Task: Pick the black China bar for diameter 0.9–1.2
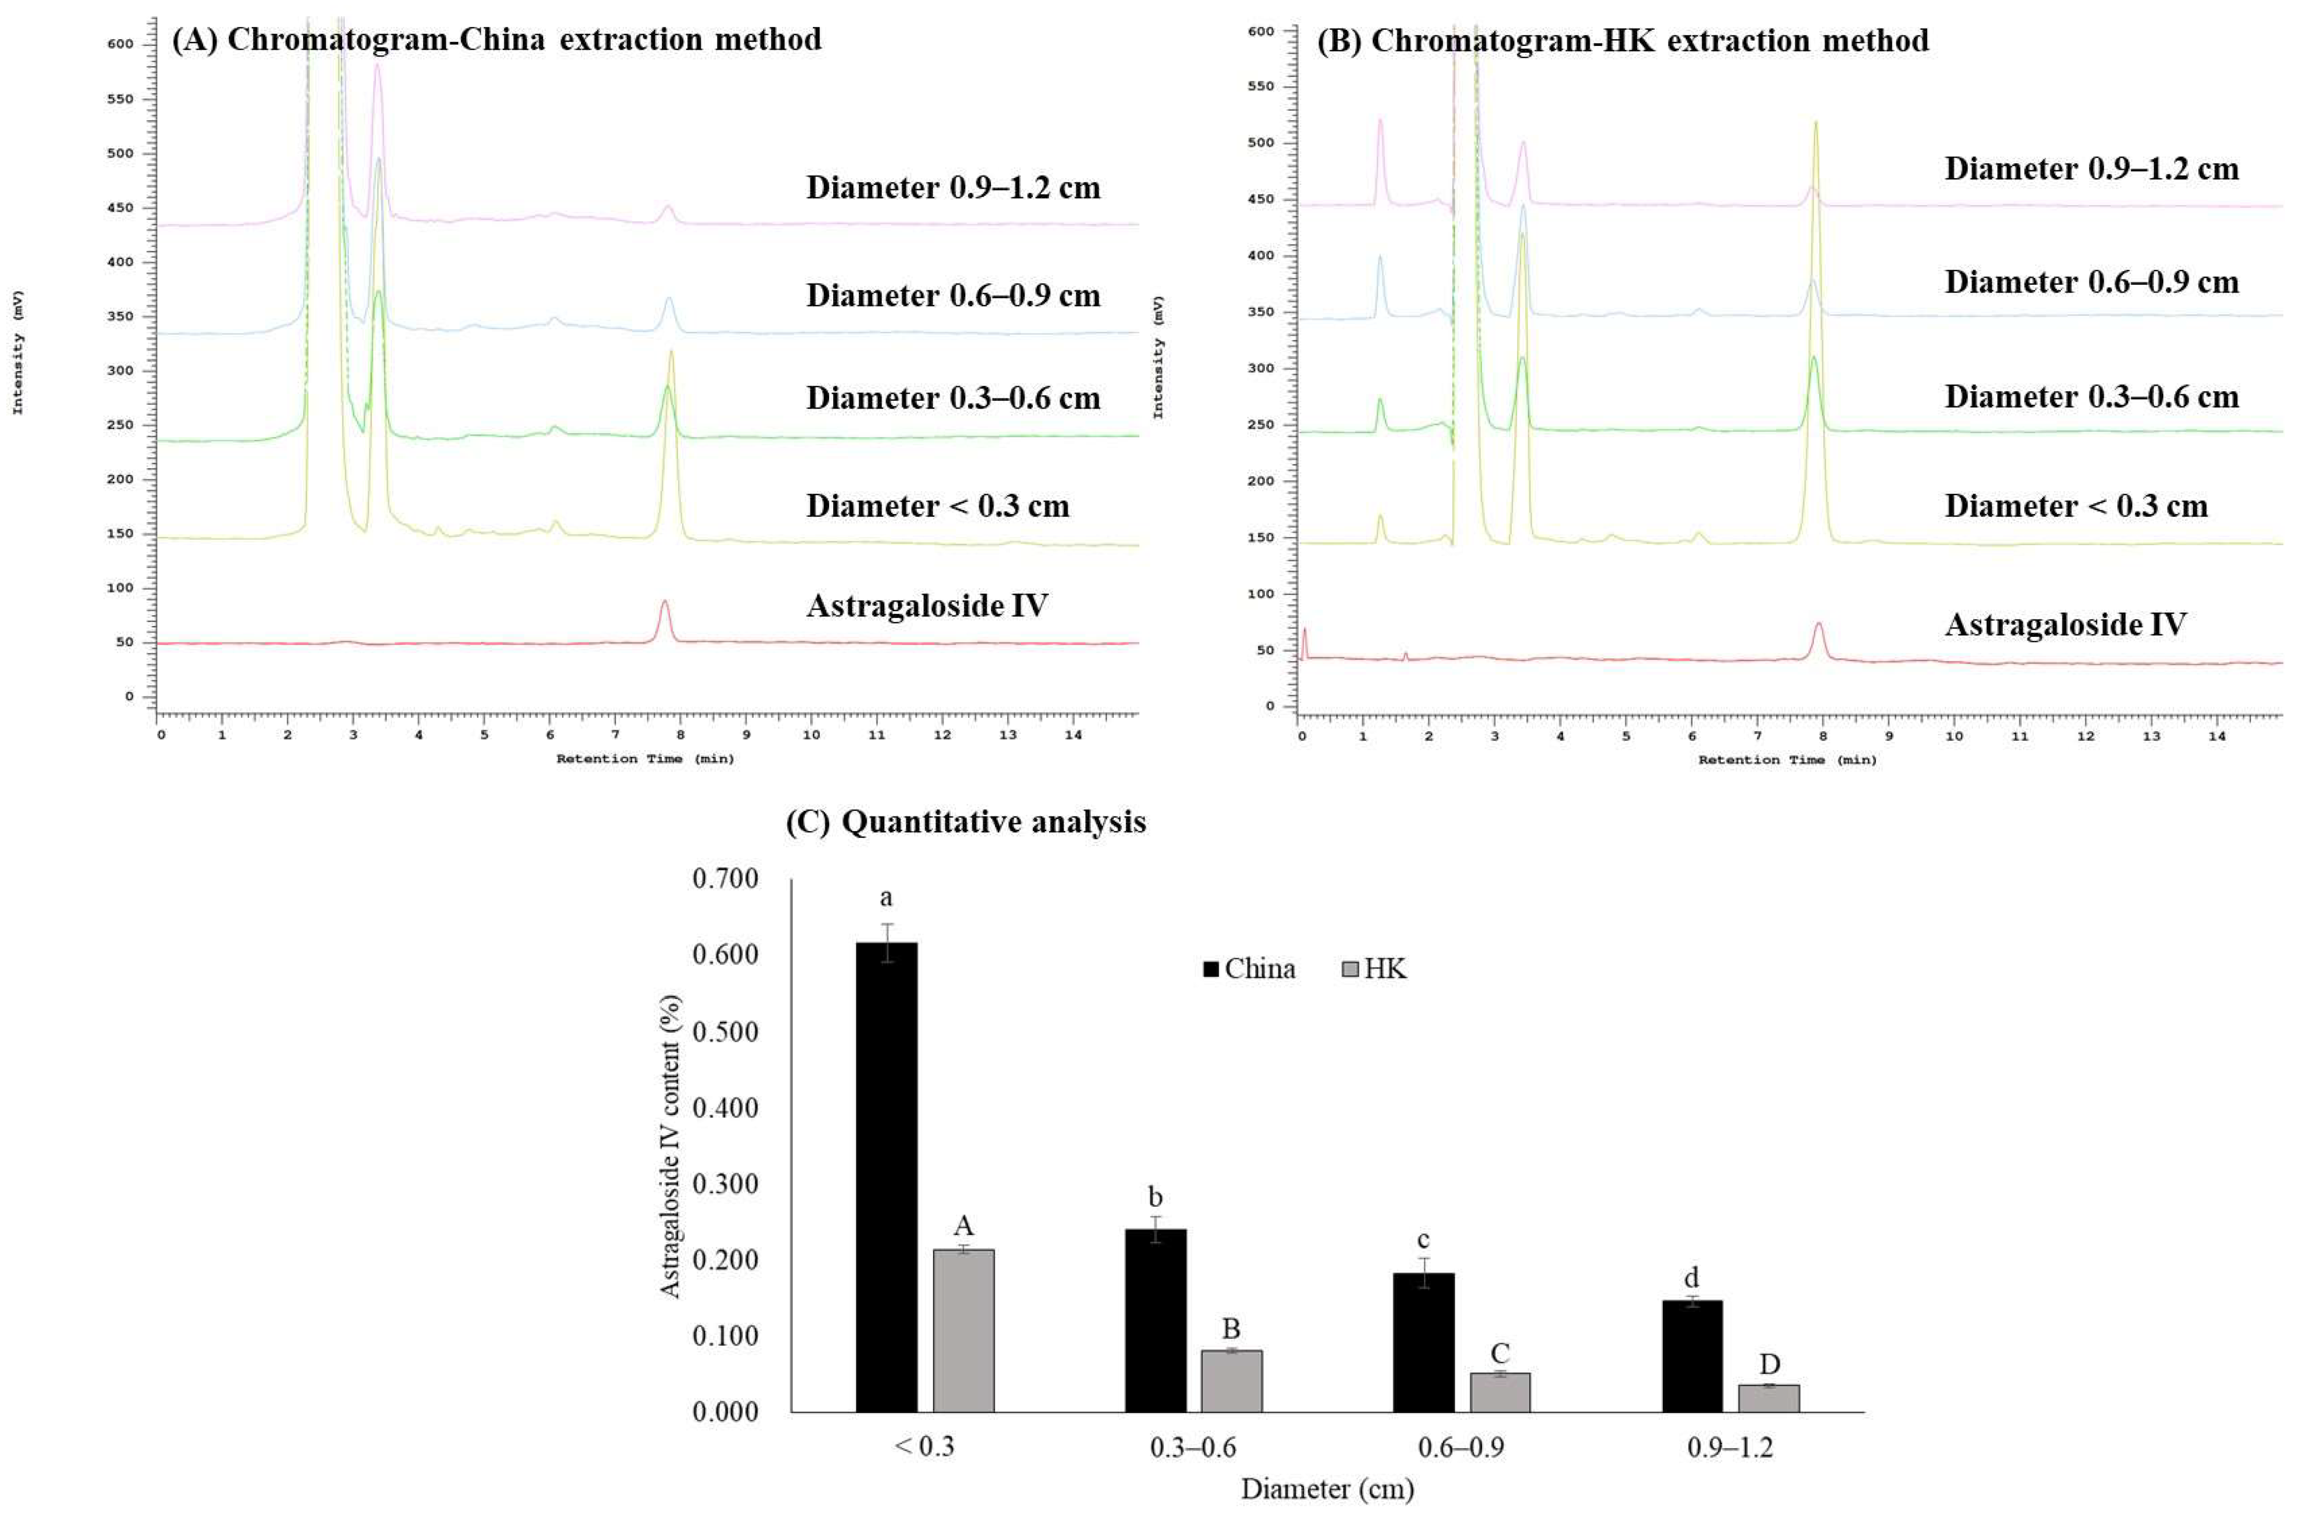click(1692, 1356)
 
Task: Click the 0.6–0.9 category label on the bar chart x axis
click(1461, 1448)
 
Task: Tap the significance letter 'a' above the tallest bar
click(885, 898)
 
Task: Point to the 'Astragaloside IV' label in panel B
click(2065, 625)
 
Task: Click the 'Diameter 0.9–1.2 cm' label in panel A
click(953, 188)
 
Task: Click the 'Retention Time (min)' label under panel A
click(645, 759)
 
